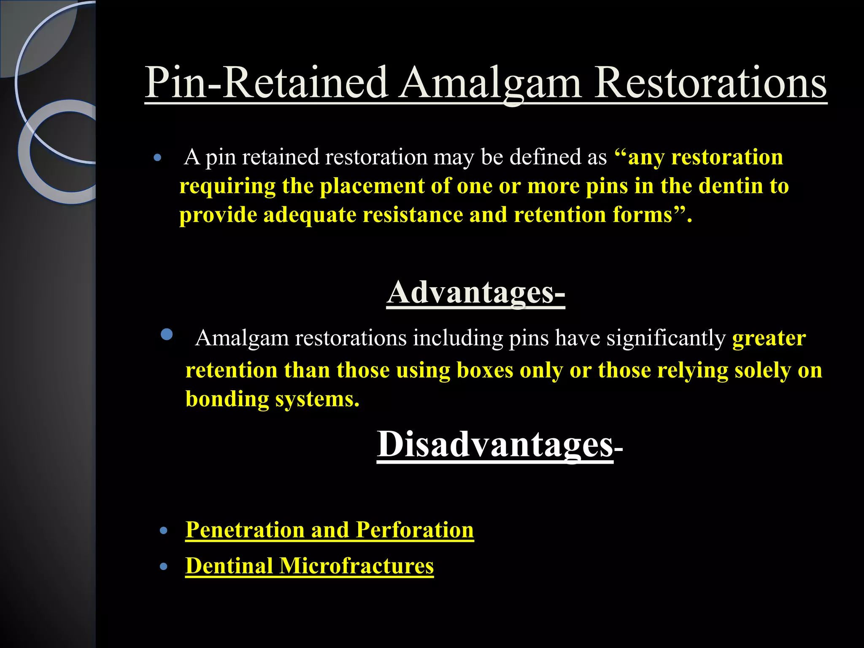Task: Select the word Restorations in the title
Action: tap(710, 83)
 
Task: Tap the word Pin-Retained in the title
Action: tap(266, 83)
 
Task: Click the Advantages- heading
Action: tap(475, 293)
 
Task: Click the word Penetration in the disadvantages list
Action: tap(245, 530)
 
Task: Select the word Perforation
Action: tap(414, 530)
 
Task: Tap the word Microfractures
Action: tap(356, 566)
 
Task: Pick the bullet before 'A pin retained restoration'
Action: tap(158, 159)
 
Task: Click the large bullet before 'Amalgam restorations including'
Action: tap(167, 335)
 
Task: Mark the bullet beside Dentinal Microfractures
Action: tap(164, 567)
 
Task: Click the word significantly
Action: tap(666, 338)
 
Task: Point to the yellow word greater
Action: tap(769, 338)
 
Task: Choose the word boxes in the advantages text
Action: tap(485, 370)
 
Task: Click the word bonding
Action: tap(227, 399)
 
